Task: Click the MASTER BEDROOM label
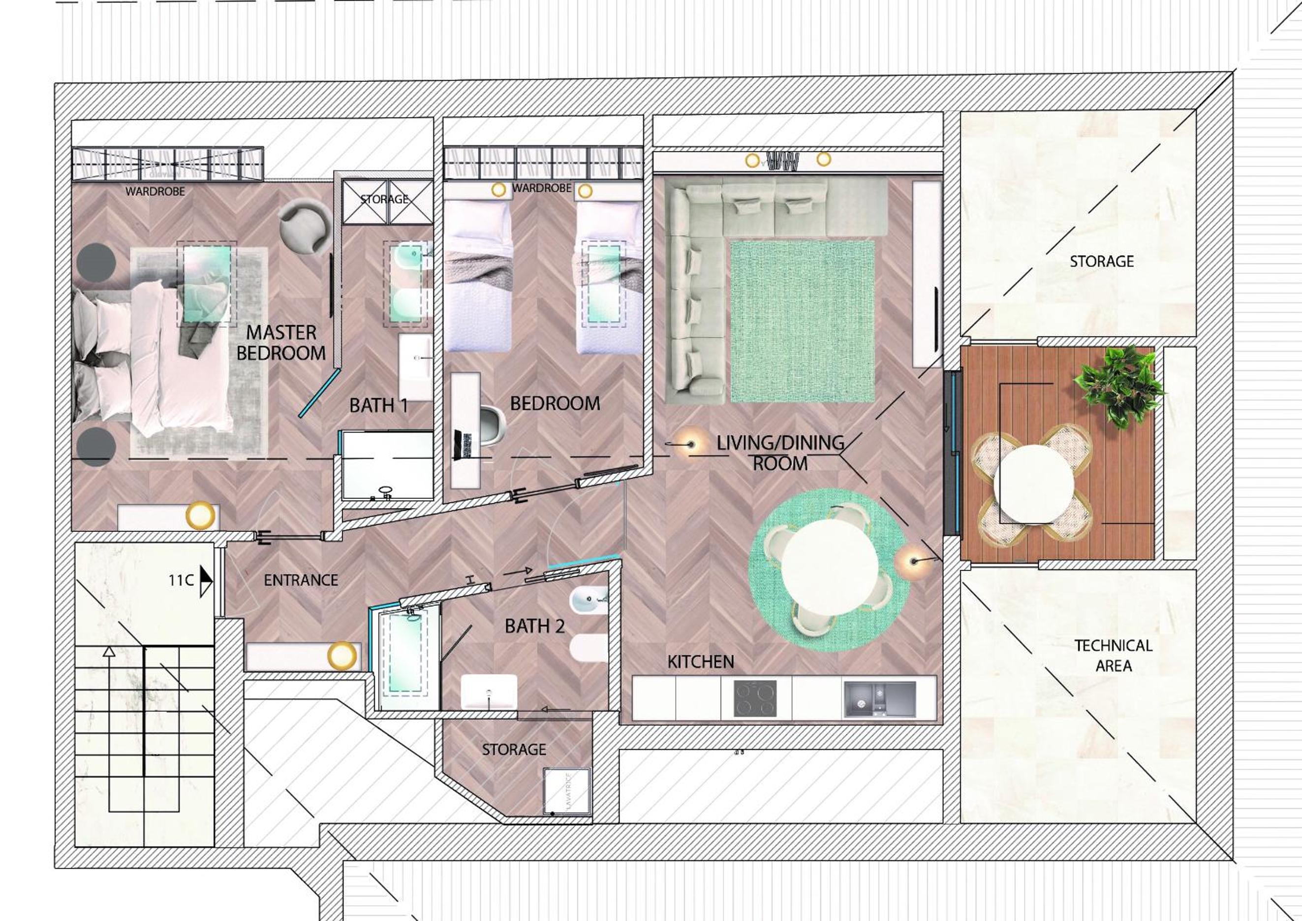pos(281,343)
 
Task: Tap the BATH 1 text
pos(379,405)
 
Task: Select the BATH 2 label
pos(535,626)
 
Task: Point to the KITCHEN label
pos(700,661)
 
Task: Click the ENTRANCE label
pos(301,580)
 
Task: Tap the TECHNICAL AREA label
pos(1113,656)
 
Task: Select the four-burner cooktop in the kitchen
pos(755,698)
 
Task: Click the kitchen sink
pos(879,698)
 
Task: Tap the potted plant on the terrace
pos(1118,388)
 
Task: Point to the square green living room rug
pos(803,321)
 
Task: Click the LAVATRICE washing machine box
pos(566,792)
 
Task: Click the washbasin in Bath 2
pos(489,692)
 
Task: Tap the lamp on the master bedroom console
pos(201,516)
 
